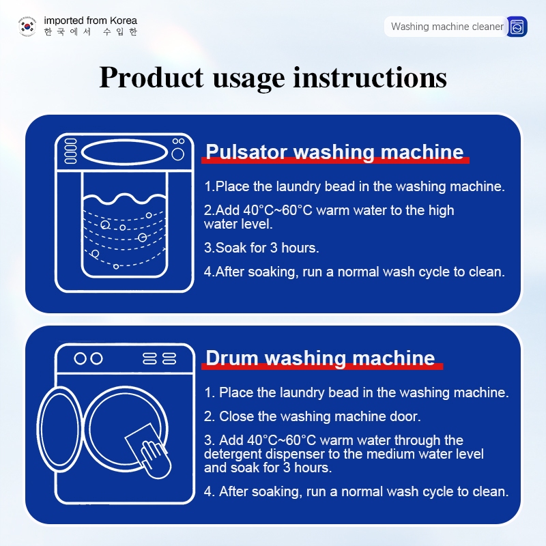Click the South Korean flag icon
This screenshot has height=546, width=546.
click(27, 26)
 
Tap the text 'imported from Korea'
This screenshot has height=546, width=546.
click(91, 20)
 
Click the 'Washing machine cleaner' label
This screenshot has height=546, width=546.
click(447, 27)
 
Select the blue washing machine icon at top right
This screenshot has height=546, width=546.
click(517, 27)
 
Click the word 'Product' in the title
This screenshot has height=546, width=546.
click(151, 77)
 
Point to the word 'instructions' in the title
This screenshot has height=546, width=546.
click(370, 77)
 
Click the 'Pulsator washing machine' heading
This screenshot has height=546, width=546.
click(334, 152)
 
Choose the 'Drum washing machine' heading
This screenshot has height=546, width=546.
click(320, 358)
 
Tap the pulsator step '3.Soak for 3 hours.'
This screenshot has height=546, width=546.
click(261, 248)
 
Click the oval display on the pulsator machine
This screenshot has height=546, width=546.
click(125, 152)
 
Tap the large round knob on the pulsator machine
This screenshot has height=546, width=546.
click(178, 154)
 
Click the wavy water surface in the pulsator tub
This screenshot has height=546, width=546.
click(125, 199)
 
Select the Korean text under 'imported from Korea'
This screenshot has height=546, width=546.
click(91, 31)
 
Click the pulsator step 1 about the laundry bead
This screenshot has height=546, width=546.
click(354, 186)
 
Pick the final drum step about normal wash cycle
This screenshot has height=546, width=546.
click(356, 491)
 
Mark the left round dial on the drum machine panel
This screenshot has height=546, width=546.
click(80, 358)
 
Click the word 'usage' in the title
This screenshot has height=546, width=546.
click(248, 79)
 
